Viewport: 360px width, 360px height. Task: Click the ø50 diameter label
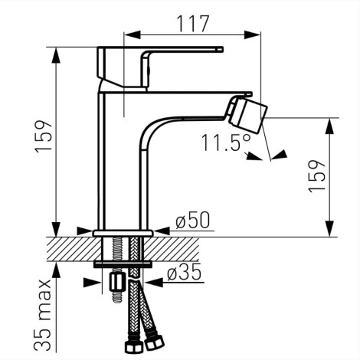pyautogui.click(x=191, y=221)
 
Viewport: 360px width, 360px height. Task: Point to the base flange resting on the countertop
pyautogui.click(x=123, y=232)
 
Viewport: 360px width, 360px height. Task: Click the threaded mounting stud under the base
pyautogui.click(x=118, y=250)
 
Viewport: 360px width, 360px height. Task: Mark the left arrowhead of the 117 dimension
pyautogui.click(x=132, y=33)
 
